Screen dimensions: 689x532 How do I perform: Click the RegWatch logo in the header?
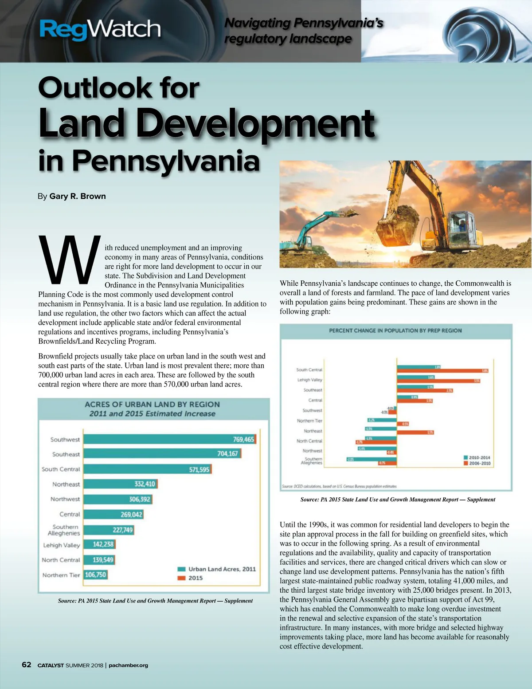(100, 29)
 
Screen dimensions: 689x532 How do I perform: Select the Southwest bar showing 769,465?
(169, 439)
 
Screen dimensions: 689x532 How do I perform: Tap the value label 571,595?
(199, 469)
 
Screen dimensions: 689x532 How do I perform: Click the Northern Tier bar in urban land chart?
(95, 575)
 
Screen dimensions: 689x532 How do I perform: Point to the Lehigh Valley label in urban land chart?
(62, 545)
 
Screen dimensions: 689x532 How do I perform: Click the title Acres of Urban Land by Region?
(152, 405)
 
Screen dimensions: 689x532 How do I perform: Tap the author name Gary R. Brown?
(78, 196)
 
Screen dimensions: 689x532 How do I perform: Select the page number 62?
(27, 665)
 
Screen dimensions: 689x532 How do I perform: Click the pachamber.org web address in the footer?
(128, 665)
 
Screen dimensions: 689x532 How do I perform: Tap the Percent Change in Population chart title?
(395, 331)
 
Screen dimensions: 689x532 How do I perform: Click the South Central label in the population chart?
(309, 370)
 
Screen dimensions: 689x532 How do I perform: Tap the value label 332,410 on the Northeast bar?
(145, 484)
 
